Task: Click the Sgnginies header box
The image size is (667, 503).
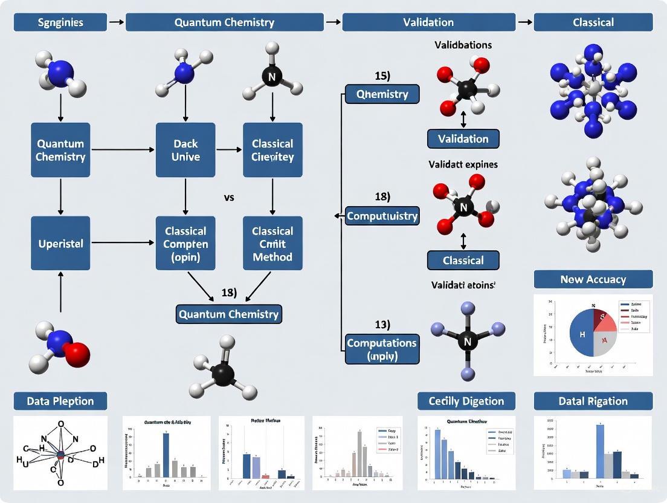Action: (60, 22)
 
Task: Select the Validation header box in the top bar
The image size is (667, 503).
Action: (428, 22)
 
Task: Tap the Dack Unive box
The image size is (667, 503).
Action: (185, 150)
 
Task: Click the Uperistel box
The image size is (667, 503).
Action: (60, 243)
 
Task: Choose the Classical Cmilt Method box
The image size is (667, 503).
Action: (272, 243)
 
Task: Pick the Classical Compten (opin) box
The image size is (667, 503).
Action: (185, 243)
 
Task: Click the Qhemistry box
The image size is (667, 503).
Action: (382, 94)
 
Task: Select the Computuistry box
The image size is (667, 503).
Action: (382, 216)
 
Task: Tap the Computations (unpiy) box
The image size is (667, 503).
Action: (382, 349)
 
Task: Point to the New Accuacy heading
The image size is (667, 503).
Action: (593, 279)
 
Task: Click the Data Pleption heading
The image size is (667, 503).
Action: (60, 401)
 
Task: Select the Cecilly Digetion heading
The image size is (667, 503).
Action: (466, 401)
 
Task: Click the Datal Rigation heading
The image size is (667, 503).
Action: (593, 401)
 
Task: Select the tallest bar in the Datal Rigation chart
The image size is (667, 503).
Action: (600, 451)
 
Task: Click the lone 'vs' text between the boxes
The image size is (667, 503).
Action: (228, 198)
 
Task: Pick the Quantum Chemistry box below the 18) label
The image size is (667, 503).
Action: (228, 314)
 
